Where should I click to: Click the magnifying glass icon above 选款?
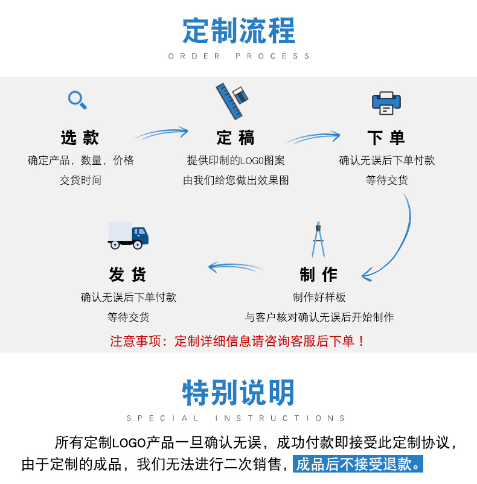tap(77, 100)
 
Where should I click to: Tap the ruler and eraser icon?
tap(232, 99)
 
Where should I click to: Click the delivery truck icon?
tap(128, 235)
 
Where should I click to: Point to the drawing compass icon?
tap(318, 240)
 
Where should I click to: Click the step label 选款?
tap(80, 138)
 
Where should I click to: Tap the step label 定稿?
tap(235, 138)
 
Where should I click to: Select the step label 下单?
tap(386, 138)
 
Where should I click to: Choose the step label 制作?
tap(319, 275)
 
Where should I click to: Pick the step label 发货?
tap(128, 275)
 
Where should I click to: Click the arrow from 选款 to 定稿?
tap(161, 133)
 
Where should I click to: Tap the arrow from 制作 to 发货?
tap(235, 266)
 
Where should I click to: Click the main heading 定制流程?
tap(238, 31)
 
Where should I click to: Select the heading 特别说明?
tap(238, 393)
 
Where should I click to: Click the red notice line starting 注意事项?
tap(238, 341)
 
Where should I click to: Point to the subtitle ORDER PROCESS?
tap(238, 56)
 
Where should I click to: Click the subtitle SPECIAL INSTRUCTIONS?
tap(237, 418)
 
